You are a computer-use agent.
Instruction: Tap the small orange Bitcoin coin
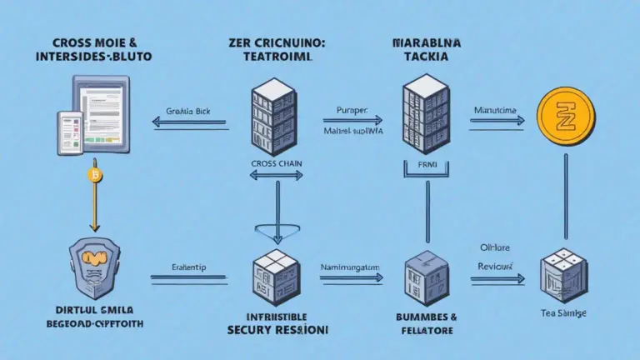(x=92, y=175)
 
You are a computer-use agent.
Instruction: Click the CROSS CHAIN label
(x=275, y=164)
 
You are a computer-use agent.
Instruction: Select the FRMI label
(x=427, y=164)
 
